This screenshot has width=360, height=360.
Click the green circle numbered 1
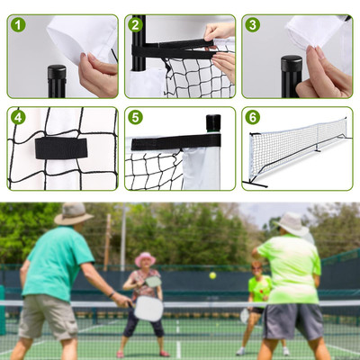click(x=18, y=24)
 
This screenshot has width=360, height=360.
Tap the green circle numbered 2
click(x=136, y=24)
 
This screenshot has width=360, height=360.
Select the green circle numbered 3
click(x=253, y=24)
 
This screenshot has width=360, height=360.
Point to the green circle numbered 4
click(x=18, y=117)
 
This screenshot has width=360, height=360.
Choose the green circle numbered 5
click(x=136, y=117)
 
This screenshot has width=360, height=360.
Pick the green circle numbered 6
click(x=253, y=117)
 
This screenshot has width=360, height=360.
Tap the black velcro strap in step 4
click(x=60, y=148)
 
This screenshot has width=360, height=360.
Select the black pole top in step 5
click(x=212, y=122)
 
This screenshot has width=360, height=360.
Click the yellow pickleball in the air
click(x=212, y=275)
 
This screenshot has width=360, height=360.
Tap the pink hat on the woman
click(x=144, y=258)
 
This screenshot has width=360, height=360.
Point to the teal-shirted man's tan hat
click(x=73, y=213)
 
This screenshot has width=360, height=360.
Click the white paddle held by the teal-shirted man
click(x=148, y=309)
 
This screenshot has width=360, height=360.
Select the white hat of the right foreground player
click(x=292, y=222)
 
